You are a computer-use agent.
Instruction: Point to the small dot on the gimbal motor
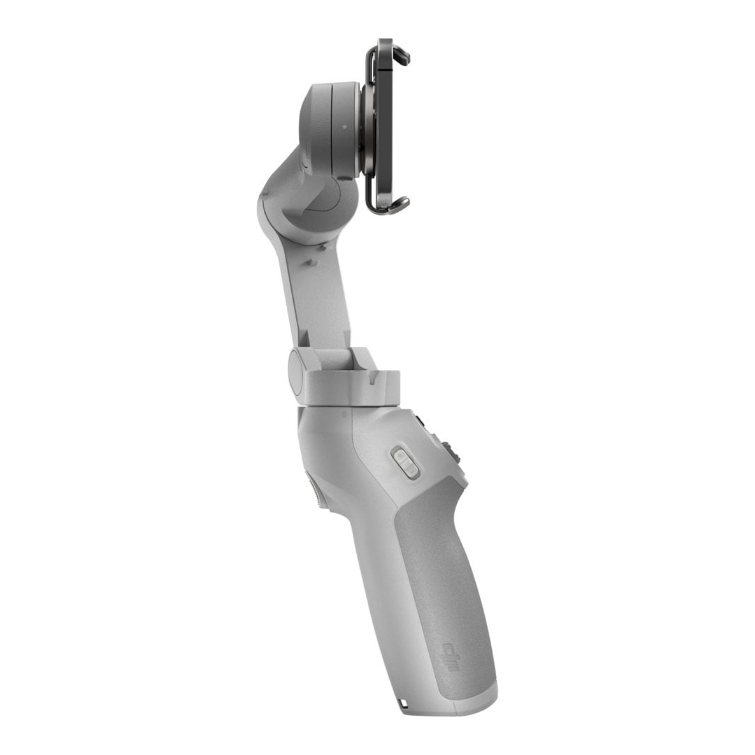point(344,127)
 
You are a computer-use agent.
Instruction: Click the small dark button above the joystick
point(419,421)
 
